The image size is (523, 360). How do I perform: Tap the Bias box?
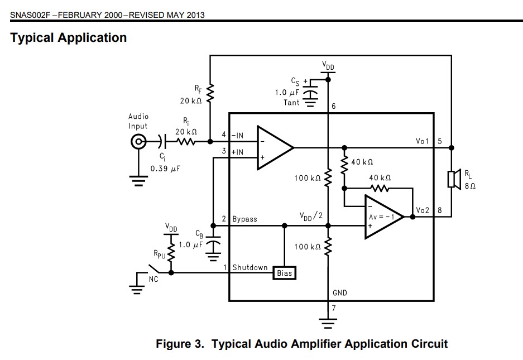pos(284,273)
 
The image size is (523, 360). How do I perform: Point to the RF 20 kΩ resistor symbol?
pos(210,94)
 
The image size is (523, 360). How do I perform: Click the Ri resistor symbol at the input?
pos(186,142)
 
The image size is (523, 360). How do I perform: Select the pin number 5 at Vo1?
pos(439,141)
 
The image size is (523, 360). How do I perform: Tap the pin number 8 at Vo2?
pos(439,210)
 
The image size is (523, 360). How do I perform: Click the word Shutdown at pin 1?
pos(250,268)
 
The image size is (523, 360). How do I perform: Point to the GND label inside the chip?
pos(340,292)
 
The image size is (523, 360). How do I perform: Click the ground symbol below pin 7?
pos(328,322)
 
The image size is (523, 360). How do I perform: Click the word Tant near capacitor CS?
pos(291,102)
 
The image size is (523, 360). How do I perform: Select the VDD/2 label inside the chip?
pos(311,216)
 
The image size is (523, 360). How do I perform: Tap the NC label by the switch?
pos(153,279)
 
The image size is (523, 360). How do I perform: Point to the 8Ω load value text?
pos(469,186)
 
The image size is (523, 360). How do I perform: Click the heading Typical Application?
pos(69,38)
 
